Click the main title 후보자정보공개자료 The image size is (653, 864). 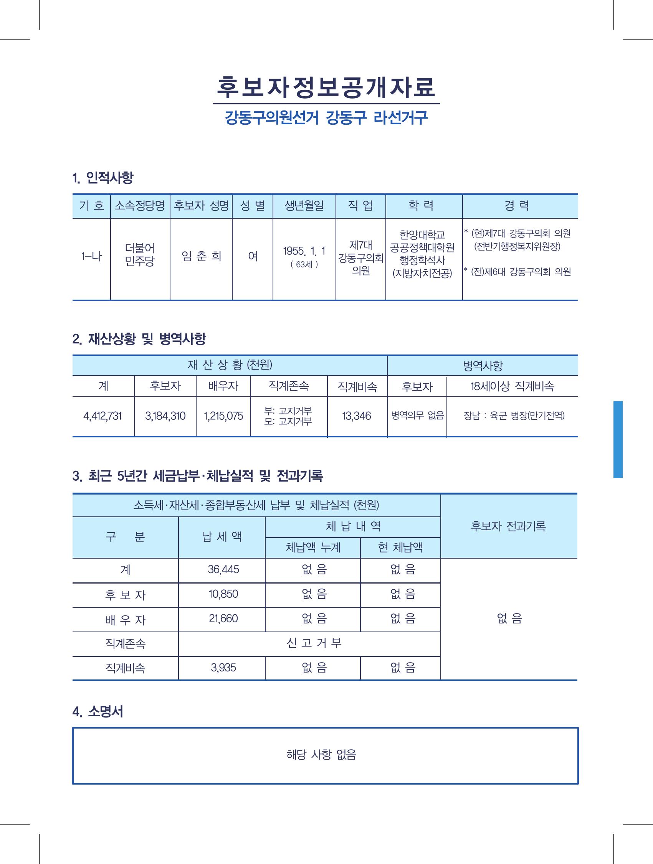coord(326,87)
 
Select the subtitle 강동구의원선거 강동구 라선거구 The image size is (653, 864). coord(326,118)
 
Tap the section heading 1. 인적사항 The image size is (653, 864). coord(103,178)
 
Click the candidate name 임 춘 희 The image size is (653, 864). coord(201,256)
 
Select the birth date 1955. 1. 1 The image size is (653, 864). coord(304,251)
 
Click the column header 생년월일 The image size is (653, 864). coord(304,206)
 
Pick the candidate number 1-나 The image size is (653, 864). coord(91,257)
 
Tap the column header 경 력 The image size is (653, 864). coord(517,206)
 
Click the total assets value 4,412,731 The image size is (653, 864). coord(102,416)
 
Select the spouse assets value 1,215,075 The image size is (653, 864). coord(223,416)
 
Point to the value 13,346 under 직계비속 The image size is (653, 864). coord(356,416)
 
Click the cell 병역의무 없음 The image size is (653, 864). coord(417,416)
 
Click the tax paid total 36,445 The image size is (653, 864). coord(223,569)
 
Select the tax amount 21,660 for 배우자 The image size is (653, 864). coord(223,619)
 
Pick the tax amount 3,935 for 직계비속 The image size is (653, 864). coord(223,668)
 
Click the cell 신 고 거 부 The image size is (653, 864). coord(314,643)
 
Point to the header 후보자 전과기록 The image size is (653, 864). coord(508,526)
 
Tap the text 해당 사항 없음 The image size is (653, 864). coord(321,755)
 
